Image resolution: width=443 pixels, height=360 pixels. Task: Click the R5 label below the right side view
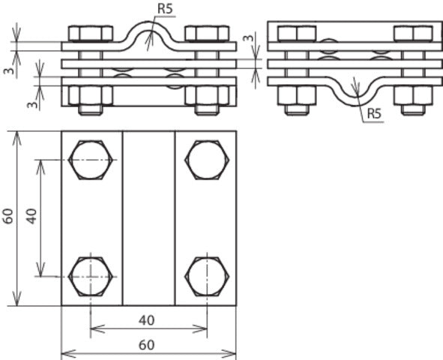pos(373,115)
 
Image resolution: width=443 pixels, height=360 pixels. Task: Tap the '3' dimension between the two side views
pos(253,37)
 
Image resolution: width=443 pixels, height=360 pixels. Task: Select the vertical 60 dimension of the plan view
pos(7,217)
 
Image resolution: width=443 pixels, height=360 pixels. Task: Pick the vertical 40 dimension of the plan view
pos(31,217)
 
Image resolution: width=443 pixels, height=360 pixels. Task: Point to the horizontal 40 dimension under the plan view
pos(147,320)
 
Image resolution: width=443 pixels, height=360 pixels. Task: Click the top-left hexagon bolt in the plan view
pos(91,160)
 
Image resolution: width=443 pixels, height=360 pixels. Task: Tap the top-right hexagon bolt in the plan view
pos(206,160)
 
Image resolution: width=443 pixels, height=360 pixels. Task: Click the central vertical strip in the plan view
pos(148,217)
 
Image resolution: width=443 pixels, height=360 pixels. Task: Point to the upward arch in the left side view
pos(148,30)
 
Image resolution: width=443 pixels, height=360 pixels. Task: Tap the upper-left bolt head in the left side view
pos(90,34)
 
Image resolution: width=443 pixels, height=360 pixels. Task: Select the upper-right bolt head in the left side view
pos(206,34)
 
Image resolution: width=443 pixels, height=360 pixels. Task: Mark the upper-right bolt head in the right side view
pos(413,34)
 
